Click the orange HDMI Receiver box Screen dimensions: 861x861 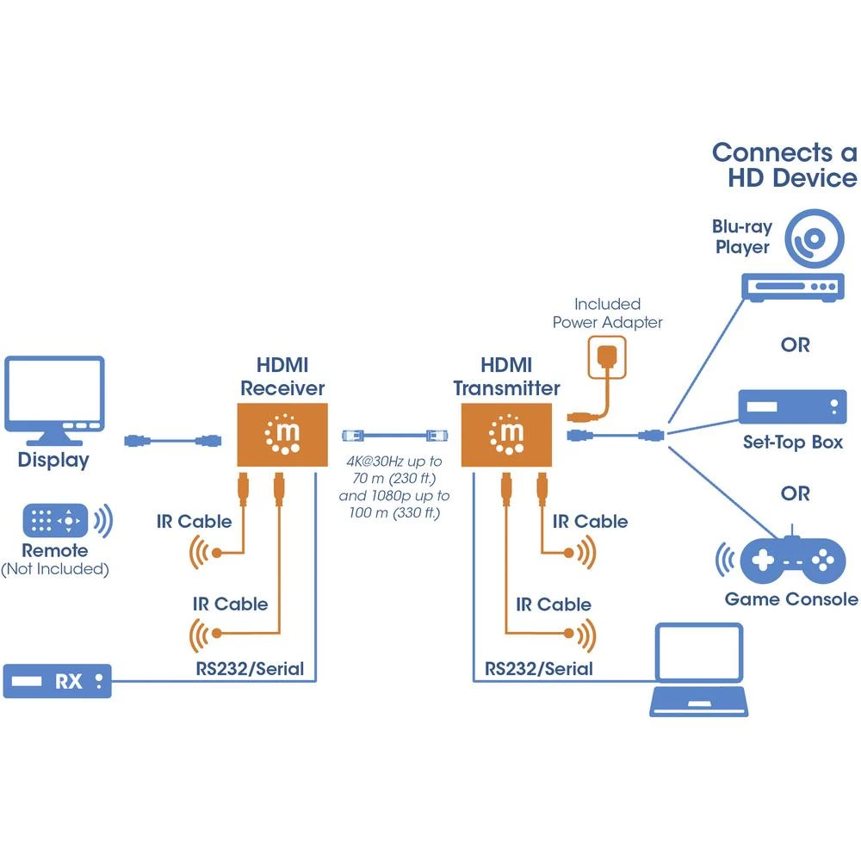pos(282,435)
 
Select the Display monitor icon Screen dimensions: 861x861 pos(54,395)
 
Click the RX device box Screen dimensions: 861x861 pos(58,681)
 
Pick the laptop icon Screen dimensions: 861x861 pos(697,671)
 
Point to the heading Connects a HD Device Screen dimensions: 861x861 pos(784,165)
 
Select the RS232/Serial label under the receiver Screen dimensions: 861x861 pos(250,668)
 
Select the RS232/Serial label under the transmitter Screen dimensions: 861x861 pos(538,668)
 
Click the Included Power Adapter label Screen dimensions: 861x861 pos(607,313)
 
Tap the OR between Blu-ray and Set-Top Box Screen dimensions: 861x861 pos(795,344)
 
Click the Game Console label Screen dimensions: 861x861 pos(790,599)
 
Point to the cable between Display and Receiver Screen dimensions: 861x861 pos(171,441)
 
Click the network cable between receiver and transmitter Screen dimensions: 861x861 pos(393,435)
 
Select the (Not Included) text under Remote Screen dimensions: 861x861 pos(54,569)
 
